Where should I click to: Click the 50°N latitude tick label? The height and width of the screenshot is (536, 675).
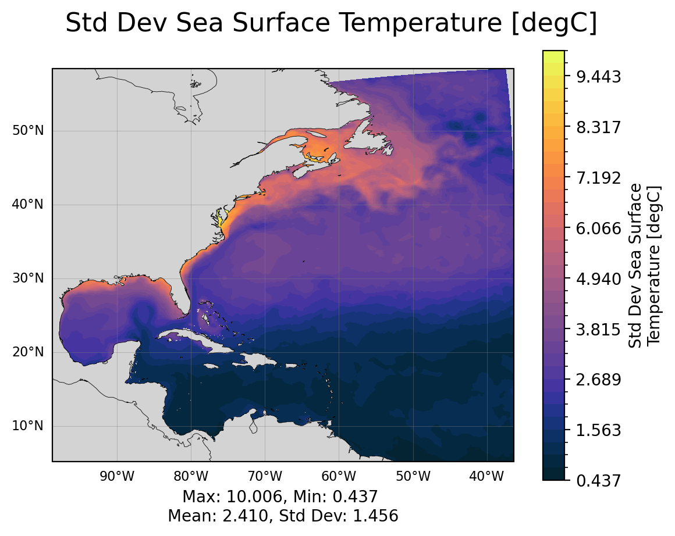tap(28, 131)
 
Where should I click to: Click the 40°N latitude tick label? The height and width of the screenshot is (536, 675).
tap(28, 205)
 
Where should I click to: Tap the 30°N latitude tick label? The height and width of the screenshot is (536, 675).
tap(28, 278)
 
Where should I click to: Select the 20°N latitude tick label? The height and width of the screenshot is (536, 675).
tap(28, 352)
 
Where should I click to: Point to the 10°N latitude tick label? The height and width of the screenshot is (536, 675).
tap(28, 426)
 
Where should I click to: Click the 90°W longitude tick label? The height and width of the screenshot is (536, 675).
tap(118, 477)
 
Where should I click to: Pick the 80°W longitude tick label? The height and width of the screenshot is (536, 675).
tap(191, 477)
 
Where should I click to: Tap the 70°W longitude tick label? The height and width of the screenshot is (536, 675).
tap(265, 477)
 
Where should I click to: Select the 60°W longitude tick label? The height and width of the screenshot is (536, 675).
tap(339, 477)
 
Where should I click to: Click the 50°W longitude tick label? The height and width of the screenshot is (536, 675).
tap(413, 477)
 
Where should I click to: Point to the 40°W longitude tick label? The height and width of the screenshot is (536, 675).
tap(487, 477)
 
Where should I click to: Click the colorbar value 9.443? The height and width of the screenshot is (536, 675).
tap(598, 77)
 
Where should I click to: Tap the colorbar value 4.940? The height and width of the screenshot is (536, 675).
tap(598, 279)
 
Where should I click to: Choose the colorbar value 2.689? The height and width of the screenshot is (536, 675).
tap(598, 380)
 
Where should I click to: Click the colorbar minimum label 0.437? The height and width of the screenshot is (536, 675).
tap(598, 481)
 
